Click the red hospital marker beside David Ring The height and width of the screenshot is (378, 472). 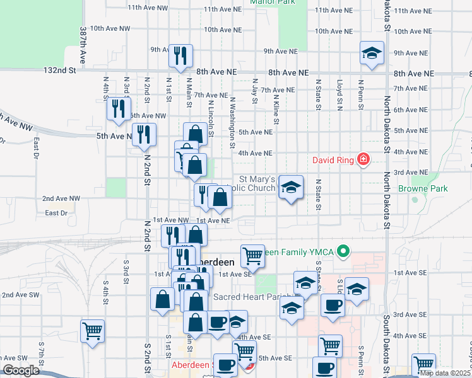(363, 161)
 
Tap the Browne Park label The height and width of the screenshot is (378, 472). (423, 188)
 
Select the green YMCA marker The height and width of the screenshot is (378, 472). (344, 252)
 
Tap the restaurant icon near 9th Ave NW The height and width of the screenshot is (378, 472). (180, 56)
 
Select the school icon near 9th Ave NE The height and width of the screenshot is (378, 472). (372, 54)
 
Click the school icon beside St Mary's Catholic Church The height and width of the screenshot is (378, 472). (290, 187)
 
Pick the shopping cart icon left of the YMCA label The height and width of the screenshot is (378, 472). (252, 255)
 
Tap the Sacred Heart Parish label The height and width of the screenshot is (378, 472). (252, 297)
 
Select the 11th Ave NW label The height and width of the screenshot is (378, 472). (148, 8)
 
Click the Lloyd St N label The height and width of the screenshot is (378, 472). (339, 94)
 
